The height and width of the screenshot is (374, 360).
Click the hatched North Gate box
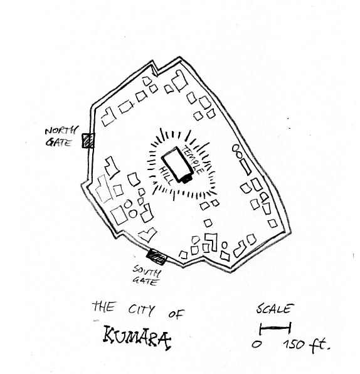(x=88, y=141)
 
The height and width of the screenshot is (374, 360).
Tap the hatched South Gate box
(x=157, y=257)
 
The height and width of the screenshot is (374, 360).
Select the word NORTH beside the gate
(x=61, y=131)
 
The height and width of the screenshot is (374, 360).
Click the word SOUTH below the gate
(x=147, y=270)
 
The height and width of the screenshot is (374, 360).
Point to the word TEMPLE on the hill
(x=193, y=159)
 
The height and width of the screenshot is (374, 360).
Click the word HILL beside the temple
(x=166, y=175)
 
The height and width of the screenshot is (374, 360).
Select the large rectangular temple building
(x=176, y=164)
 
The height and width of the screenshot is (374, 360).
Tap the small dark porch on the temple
(x=187, y=179)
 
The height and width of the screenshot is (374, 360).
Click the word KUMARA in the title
(x=137, y=338)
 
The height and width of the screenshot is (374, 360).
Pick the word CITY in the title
(x=141, y=310)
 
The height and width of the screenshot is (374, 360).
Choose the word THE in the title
(x=104, y=306)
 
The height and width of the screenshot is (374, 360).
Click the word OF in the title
(x=176, y=314)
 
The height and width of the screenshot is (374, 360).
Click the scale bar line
(x=275, y=328)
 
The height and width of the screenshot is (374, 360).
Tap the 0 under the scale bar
(x=257, y=344)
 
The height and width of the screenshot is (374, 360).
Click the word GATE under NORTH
(x=59, y=142)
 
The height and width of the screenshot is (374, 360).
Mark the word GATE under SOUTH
(x=145, y=281)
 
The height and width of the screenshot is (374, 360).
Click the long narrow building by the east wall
(x=246, y=167)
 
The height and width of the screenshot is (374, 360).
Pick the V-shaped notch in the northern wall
(x=155, y=69)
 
